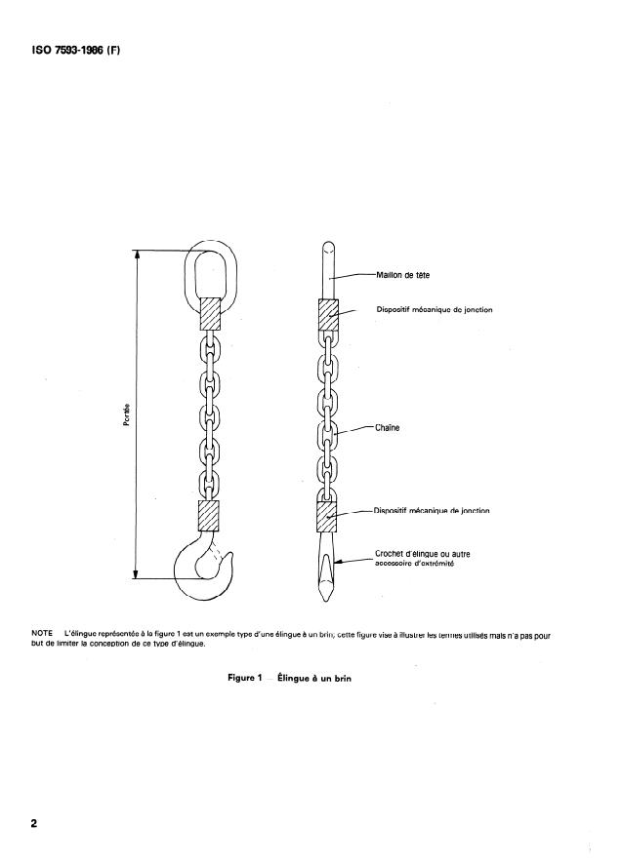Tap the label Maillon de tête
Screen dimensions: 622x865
[403, 275]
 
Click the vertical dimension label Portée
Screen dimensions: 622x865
[128, 413]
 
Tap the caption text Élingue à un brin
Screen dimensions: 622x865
[313, 679]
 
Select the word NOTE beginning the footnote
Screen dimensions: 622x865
[43, 635]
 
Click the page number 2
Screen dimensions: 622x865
[34, 824]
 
